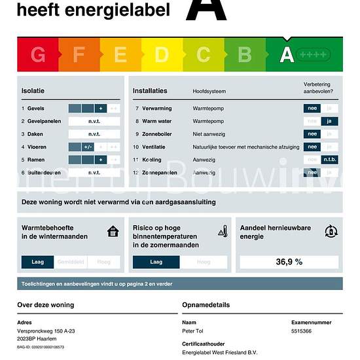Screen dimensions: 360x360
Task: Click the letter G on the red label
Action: [x=38, y=55]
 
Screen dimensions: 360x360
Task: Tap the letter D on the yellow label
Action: [x=162, y=55]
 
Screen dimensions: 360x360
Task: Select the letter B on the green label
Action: [x=244, y=55]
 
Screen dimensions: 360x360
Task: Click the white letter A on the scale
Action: [x=287, y=55]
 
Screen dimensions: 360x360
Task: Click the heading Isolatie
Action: [x=33, y=90]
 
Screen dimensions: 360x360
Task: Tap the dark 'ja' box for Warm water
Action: [x=330, y=121]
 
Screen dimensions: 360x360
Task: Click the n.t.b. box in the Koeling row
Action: [x=330, y=160]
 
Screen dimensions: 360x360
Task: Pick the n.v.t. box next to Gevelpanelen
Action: [x=94, y=121]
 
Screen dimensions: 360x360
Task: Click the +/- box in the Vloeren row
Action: [x=88, y=147]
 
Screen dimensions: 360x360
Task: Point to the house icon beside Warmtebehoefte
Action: [x=113, y=231]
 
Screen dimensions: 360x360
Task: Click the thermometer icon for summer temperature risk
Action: [x=223, y=231]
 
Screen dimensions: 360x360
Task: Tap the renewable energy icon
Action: [x=331, y=231]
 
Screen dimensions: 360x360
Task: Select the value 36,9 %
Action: [x=289, y=262]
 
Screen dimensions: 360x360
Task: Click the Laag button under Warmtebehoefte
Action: [x=37, y=262]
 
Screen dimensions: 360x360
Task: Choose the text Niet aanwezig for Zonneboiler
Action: [x=209, y=134]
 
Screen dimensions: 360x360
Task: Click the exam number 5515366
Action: [x=301, y=331]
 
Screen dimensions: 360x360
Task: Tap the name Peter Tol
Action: [x=192, y=331]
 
